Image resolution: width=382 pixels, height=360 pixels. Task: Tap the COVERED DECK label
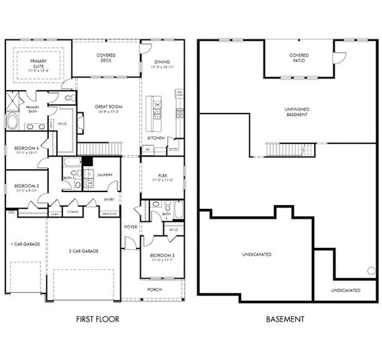pos(106,58)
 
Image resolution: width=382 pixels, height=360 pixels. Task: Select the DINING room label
pos(162,62)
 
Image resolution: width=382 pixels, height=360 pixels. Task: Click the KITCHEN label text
pos(156,138)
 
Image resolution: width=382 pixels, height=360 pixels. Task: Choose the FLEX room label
pos(162,177)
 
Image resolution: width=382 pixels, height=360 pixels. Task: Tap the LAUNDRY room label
pos(105,175)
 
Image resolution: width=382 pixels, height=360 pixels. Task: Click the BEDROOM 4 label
pos(26,150)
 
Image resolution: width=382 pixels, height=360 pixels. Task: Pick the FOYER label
pos(130,227)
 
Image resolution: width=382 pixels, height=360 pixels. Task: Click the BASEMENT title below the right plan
pos(285,319)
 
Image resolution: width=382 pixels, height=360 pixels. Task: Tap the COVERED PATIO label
pos(299,58)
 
